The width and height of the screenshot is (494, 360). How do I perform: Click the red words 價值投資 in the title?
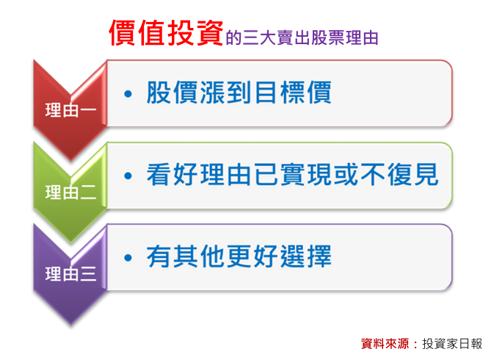(166, 33)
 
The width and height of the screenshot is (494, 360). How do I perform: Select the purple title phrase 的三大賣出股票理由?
(302, 37)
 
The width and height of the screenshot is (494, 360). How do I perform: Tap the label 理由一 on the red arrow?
(70, 110)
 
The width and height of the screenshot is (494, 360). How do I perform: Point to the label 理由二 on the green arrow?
(70, 192)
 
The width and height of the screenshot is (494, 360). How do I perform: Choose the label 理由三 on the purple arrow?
(70, 274)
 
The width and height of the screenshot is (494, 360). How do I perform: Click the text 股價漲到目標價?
(239, 93)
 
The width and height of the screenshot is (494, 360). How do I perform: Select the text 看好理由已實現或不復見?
(292, 174)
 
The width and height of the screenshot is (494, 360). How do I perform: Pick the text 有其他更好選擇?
(239, 256)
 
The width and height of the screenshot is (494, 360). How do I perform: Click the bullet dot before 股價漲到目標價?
(128, 93)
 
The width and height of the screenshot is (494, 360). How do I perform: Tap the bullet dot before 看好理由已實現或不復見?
(128, 176)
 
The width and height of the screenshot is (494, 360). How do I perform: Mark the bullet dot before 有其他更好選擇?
(128, 258)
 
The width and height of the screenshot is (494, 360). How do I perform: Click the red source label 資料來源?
(385, 344)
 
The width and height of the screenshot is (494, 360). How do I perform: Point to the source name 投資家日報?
(452, 344)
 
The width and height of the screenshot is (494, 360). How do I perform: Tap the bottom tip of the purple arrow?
(71, 325)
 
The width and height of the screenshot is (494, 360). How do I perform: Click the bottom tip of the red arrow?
(71, 161)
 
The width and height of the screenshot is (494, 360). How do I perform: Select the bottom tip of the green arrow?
(71, 242)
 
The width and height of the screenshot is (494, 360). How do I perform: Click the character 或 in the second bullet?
(346, 174)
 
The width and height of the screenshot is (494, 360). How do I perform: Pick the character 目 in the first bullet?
(266, 93)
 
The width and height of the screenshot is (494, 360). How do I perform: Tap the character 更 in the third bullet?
(239, 256)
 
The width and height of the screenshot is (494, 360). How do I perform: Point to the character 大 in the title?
(268, 37)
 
